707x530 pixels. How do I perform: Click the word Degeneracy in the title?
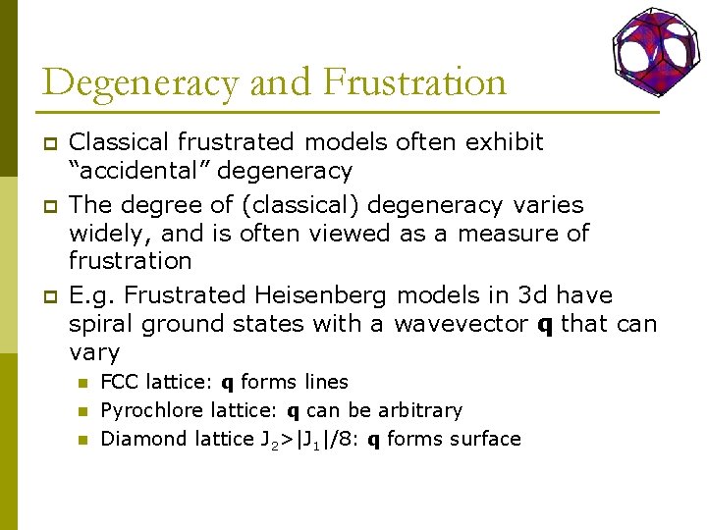139,82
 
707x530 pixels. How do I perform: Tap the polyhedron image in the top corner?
655,46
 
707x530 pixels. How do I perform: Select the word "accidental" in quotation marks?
139,171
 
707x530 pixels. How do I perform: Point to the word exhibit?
505,142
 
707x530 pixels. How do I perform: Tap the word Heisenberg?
322,295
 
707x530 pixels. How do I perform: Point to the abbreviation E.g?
93,295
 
